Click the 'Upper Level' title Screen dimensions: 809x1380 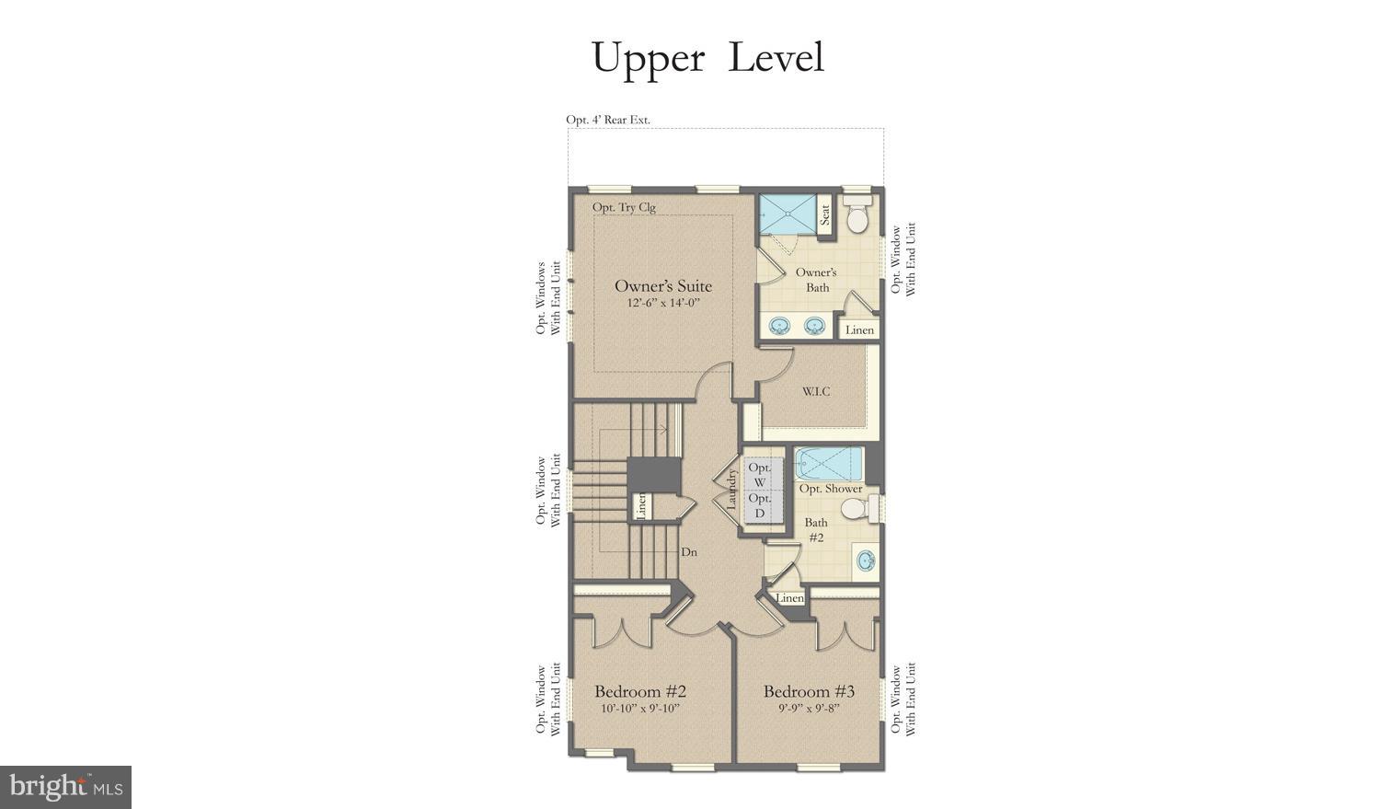point(707,57)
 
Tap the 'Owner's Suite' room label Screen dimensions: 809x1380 point(662,285)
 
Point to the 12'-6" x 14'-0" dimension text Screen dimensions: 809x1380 point(663,303)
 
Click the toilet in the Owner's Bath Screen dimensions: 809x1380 point(857,217)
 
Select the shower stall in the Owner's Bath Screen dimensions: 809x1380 point(788,213)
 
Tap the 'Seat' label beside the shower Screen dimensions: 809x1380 point(825,214)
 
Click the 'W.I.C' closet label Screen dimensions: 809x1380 point(815,391)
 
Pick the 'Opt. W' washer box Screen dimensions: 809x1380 point(760,474)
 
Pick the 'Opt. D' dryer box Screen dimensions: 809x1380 point(760,505)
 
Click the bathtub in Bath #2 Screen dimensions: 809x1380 point(829,463)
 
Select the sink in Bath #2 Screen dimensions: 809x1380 point(865,560)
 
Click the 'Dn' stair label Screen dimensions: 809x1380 point(688,552)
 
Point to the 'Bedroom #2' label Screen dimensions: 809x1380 point(640,691)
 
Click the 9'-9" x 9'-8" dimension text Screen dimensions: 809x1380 point(809,709)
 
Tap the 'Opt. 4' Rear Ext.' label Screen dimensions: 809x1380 point(607,120)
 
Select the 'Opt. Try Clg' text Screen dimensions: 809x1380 point(624,207)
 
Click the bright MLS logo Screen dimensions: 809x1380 point(65,787)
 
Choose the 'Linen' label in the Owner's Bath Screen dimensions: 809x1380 point(859,329)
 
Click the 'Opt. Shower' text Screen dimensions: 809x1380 point(830,489)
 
